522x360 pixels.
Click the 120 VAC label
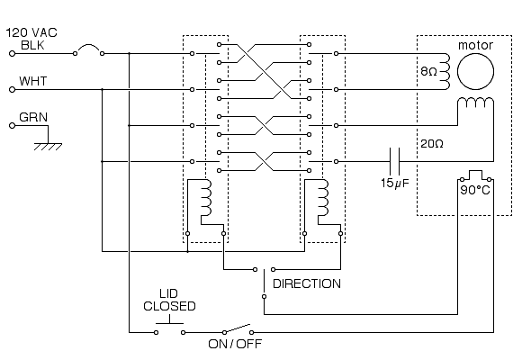pyautogui.click(x=31, y=32)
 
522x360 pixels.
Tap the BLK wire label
pyautogui.click(x=32, y=45)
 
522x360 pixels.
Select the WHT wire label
pyautogui.click(x=33, y=81)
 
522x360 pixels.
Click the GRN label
pyautogui.click(x=33, y=117)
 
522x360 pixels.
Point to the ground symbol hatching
pyautogui.click(x=48, y=147)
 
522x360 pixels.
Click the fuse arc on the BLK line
pyautogui.click(x=88, y=46)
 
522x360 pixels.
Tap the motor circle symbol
pyautogui.click(x=475, y=72)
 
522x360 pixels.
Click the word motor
pyautogui.click(x=475, y=45)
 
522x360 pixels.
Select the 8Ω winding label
pyautogui.click(x=428, y=71)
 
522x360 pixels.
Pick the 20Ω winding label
pyautogui.click(x=432, y=143)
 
